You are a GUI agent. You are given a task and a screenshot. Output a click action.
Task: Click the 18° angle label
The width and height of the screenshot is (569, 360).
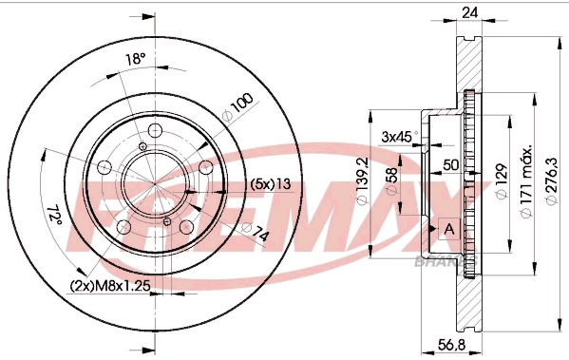(x=136, y=59)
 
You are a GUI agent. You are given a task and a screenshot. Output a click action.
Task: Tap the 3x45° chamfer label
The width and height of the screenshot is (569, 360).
(x=397, y=137)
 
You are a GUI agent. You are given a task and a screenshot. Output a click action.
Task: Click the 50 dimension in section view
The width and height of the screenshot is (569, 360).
(x=452, y=165)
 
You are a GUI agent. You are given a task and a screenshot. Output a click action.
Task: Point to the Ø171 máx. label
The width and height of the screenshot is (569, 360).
(x=524, y=180)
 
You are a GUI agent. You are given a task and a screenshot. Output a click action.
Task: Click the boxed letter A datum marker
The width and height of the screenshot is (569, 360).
(x=449, y=229)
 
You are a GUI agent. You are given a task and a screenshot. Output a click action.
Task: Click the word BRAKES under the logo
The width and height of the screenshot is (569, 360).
(x=438, y=258)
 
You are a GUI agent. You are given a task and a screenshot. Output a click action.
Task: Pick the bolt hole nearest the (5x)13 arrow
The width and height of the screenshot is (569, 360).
(x=202, y=167)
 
